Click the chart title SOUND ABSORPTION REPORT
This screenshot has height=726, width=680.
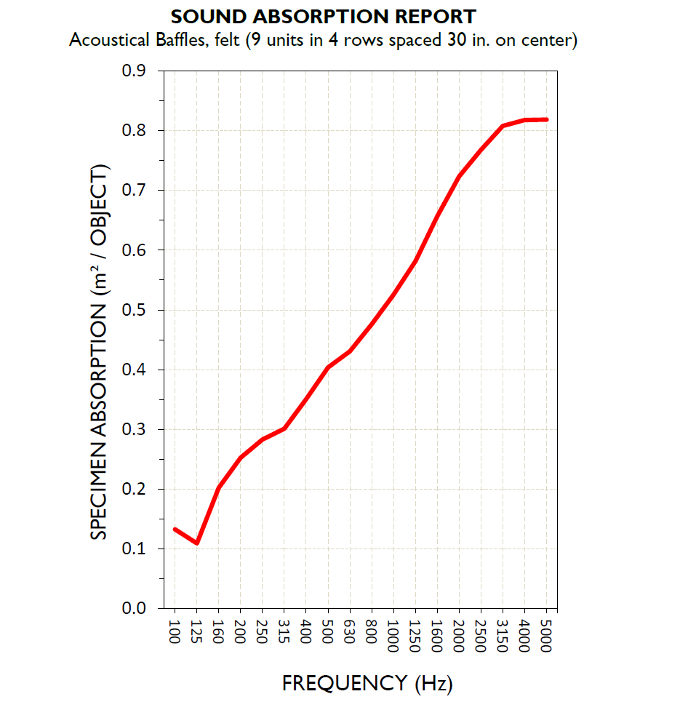click(323, 17)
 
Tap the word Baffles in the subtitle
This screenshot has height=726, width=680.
click(174, 40)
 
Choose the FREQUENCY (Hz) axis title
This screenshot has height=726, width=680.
click(367, 684)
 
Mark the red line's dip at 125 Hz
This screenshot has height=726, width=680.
click(196, 543)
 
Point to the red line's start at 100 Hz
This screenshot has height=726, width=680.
click(175, 529)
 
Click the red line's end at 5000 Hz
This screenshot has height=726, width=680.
click(546, 119)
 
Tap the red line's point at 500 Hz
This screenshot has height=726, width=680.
click(328, 367)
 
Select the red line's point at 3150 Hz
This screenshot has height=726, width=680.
click(503, 127)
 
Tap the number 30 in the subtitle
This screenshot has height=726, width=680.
click(449, 40)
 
